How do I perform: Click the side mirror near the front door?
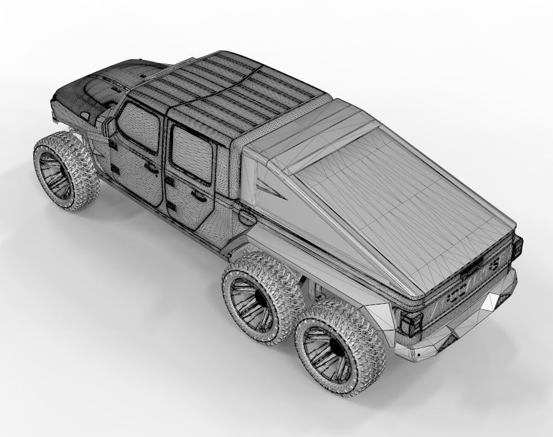click(110, 126)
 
